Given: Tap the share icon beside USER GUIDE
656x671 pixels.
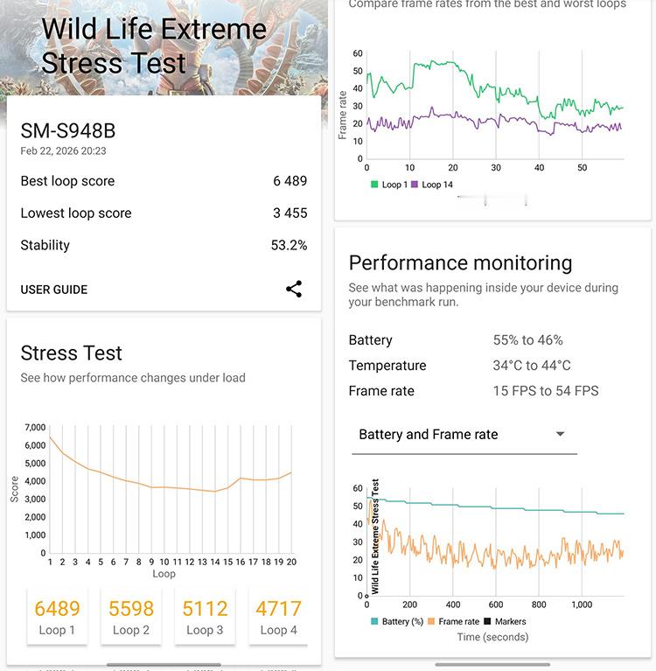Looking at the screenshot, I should (x=294, y=290).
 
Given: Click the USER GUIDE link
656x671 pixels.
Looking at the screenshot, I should (x=54, y=290).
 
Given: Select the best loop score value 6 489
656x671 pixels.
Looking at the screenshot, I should (x=290, y=181).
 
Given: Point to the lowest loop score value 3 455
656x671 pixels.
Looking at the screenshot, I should (x=290, y=213).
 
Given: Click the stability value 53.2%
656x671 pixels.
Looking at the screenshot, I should (x=289, y=245).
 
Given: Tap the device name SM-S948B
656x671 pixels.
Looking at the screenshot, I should (x=68, y=131).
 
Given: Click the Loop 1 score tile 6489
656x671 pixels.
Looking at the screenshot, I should (x=57, y=617).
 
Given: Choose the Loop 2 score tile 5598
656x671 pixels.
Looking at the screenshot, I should (x=131, y=617).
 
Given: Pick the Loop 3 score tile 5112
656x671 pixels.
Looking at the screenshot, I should (x=205, y=617).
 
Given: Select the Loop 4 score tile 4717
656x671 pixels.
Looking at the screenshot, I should (x=278, y=617).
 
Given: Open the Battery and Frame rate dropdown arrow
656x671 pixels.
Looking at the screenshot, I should (x=561, y=434).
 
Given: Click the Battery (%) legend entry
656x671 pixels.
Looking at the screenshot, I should (x=398, y=621).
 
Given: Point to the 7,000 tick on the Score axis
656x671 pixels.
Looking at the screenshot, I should (x=35, y=427).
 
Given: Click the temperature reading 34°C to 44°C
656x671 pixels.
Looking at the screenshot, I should (x=531, y=366).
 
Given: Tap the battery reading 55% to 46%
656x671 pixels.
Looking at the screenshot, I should (x=527, y=340).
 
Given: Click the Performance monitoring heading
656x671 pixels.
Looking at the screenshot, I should (x=460, y=263).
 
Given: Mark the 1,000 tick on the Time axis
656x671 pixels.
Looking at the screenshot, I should (x=582, y=605).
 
